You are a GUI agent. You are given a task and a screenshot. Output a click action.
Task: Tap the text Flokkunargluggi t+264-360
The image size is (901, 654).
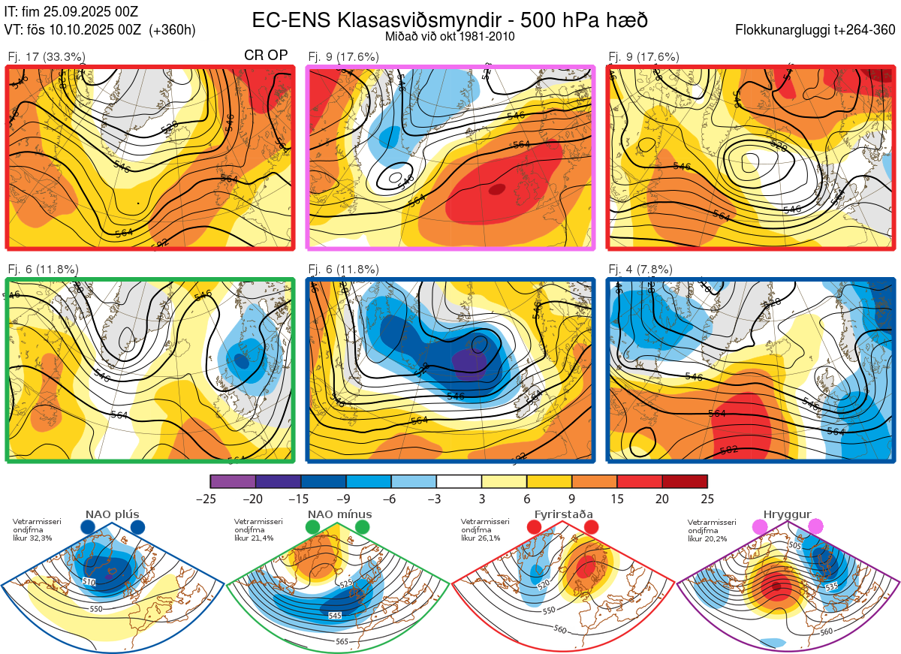click(818, 31)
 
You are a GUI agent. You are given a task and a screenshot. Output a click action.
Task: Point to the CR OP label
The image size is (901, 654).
click(267, 56)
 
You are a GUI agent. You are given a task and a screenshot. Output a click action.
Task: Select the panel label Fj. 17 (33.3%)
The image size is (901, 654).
click(46, 56)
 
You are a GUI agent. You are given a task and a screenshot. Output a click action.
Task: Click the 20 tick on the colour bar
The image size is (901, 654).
click(662, 499)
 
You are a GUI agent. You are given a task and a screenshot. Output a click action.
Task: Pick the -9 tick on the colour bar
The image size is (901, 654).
click(346, 499)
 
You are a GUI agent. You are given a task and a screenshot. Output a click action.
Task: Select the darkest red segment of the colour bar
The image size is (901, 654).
click(685, 481)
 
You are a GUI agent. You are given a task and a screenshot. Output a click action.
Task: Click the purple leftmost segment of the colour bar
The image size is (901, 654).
click(233, 481)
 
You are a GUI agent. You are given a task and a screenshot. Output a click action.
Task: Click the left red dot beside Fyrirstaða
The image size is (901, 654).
click(534, 528)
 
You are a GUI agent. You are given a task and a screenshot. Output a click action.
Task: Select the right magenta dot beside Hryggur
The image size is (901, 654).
click(815, 528)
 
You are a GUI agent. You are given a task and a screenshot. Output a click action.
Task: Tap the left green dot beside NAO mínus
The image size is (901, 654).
click(312, 528)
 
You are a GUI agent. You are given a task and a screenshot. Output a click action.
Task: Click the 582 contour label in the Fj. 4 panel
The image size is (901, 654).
click(728, 450)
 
